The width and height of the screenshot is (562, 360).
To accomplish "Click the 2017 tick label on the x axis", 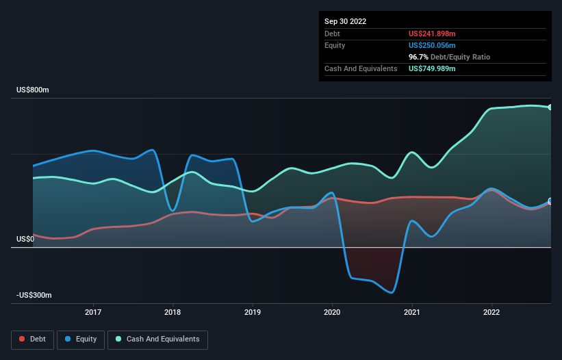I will click(x=93, y=312).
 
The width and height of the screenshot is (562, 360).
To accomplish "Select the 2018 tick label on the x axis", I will click(x=173, y=312).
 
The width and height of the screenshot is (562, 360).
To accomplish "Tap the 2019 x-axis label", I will click(x=253, y=312).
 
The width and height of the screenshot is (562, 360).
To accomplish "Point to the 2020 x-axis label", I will click(x=332, y=312).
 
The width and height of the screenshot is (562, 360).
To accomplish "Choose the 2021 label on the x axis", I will click(x=412, y=312).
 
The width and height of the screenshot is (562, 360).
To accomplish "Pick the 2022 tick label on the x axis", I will click(x=491, y=312).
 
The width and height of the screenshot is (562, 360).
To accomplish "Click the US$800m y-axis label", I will click(x=35, y=90).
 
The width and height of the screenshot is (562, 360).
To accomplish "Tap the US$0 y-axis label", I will click(x=26, y=239).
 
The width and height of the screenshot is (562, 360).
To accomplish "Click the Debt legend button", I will click(x=31, y=339).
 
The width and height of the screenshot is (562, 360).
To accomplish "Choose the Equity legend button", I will click(x=81, y=339).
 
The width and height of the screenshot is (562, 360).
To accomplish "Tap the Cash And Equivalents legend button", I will click(x=158, y=339).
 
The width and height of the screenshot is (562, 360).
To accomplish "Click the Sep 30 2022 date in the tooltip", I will click(x=345, y=21).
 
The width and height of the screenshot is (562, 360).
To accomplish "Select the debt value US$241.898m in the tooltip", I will click(x=432, y=34).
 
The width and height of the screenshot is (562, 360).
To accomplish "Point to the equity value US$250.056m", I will click(x=432, y=45).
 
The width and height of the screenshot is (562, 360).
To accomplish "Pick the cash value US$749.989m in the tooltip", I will click(x=432, y=69).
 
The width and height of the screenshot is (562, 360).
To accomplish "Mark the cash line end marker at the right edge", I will click(x=550, y=107).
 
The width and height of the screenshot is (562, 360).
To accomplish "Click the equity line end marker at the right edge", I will click(x=550, y=201).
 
